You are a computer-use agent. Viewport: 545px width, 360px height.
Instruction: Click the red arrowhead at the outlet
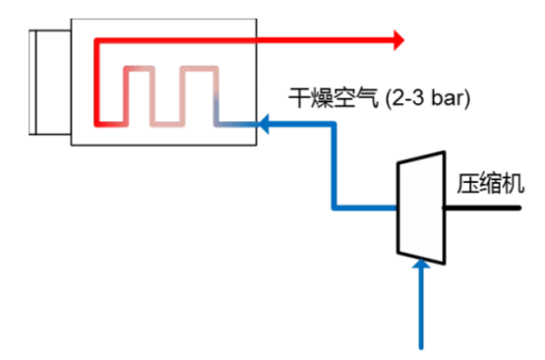(397, 40)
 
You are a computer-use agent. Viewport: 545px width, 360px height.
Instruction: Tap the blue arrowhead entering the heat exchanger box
(265, 124)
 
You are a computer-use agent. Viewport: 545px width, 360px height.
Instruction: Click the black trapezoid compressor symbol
(419, 209)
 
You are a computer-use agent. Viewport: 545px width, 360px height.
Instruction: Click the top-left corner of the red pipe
(96, 41)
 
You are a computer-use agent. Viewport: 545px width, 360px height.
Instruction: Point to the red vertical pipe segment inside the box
(96, 84)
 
